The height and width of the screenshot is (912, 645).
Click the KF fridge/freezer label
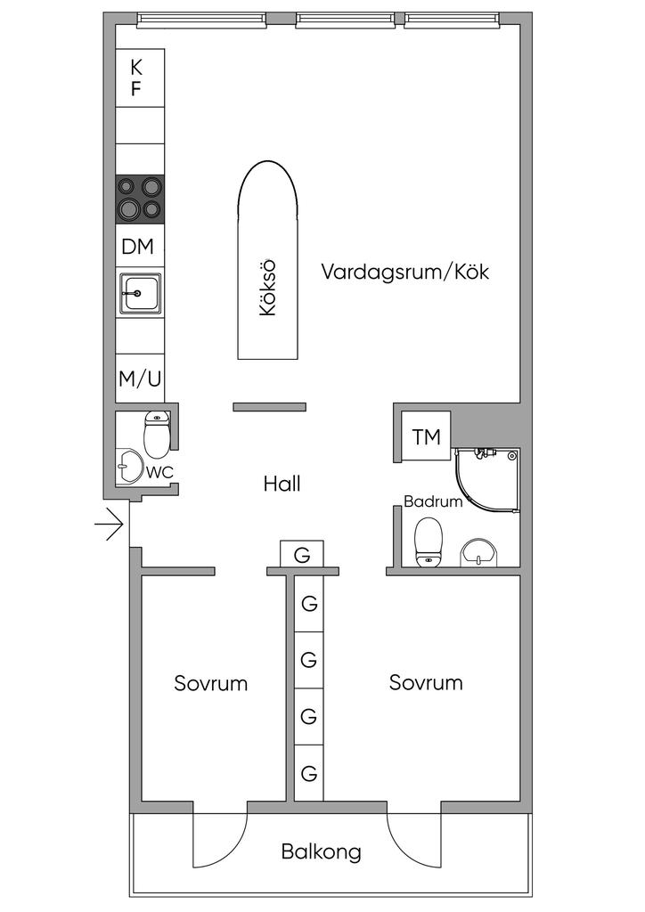tap(135, 78)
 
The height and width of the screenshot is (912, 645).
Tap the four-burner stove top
tap(140, 199)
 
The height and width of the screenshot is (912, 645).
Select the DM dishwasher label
tap(138, 247)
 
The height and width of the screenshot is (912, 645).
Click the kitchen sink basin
tap(140, 293)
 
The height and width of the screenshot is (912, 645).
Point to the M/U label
tap(140, 379)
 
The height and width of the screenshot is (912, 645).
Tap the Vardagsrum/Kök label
tap(404, 272)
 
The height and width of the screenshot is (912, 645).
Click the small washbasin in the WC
tap(129, 467)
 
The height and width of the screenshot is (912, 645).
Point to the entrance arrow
tap(109, 525)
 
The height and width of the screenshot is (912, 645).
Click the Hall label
tap(282, 484)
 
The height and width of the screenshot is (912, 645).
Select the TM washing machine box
tap(427, 436)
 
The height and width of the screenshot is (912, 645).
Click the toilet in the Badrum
tap(429, 542)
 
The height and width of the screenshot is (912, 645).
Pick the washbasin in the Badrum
tap(480, 552)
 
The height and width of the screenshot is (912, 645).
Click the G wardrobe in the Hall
tap(302, 554)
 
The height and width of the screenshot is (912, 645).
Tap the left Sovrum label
tap(210, 683)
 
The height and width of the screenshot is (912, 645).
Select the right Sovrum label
tap(426, 682)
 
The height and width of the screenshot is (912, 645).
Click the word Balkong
tap(321, 852)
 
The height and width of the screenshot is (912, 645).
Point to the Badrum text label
tap(433, 501)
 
